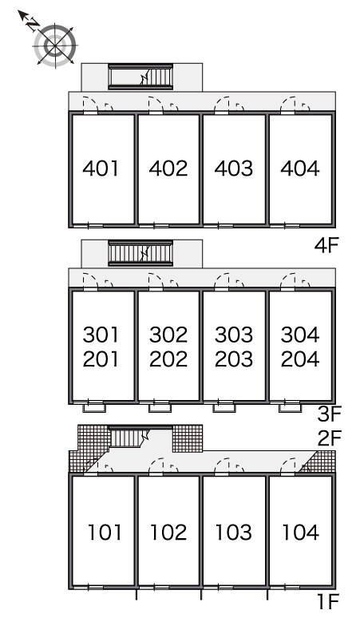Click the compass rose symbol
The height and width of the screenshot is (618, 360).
click(x=55, y=46)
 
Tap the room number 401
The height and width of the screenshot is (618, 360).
click(x=101, y=168)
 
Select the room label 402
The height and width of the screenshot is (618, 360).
click(x=168, y=168)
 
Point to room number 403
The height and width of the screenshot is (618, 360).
click(x=234, y=168)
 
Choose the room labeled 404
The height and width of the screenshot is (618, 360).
click(x=300, y=168)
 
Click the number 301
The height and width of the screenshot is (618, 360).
click(x=101, y=335)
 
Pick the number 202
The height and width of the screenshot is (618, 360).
click(x=168, y=359)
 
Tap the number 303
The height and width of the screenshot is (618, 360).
click(x=234, y=335)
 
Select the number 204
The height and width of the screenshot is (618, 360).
click(x=300, y=359)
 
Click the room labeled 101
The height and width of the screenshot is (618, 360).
click(x=105, y=532)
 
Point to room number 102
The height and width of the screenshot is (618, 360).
click(x=168, y=532)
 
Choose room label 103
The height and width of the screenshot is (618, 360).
click(x=234, y=532)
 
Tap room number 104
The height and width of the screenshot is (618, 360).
click(x=300, y=532)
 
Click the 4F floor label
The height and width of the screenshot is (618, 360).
click(x=326, y=246)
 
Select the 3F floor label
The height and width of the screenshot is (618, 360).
click(x=330, y=414)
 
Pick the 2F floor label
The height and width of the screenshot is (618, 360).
click(x=330, y=438)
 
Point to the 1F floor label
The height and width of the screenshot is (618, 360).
click(x=329, y=601)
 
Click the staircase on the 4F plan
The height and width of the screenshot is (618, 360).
click(x=140, y=77)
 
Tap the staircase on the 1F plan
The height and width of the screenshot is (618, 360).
click(x=129, y=438)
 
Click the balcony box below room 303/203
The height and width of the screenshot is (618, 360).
click(x=224, y=407)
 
